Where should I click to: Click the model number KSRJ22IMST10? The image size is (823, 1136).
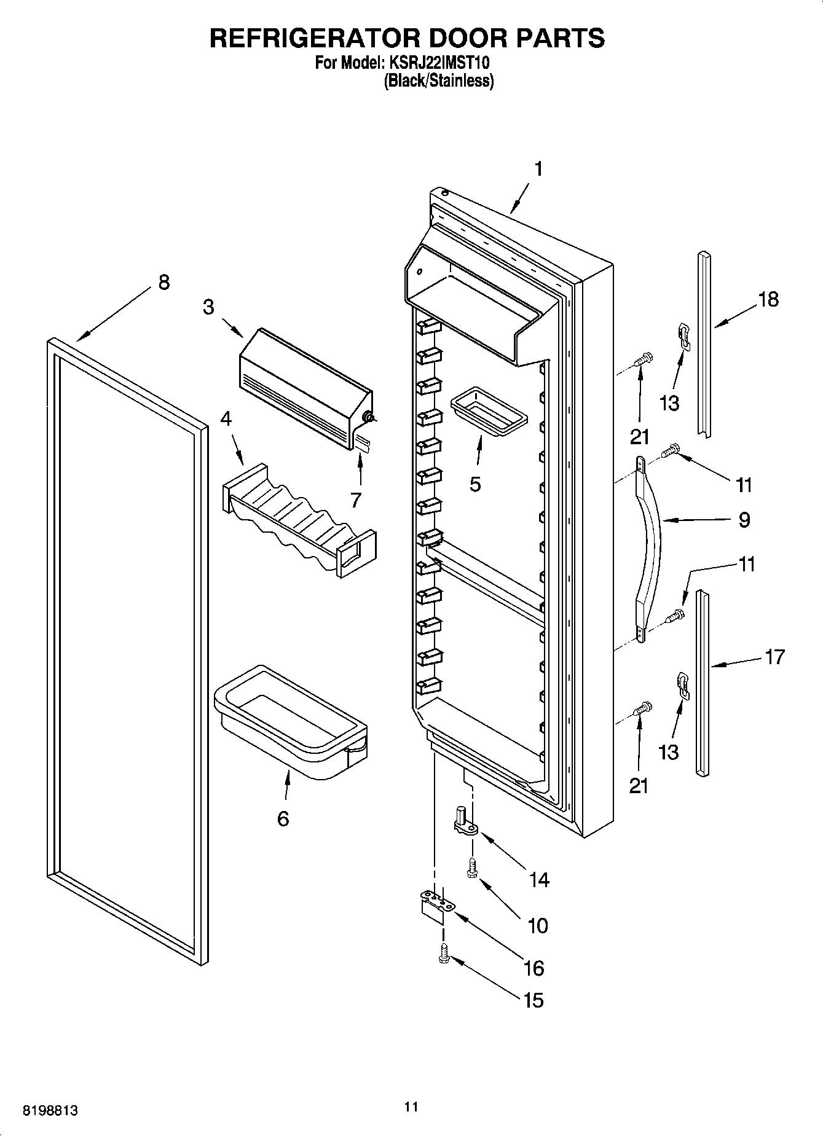point(439,63)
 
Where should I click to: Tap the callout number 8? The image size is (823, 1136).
point(163,283)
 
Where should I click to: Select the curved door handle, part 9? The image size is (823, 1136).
point(648,541)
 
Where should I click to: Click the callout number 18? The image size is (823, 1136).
point(768,300)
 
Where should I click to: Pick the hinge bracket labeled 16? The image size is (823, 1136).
point(436,906)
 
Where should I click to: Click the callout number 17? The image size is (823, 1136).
point(775,657)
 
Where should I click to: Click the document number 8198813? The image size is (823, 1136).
point(51,1110)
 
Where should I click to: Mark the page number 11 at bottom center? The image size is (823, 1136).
point(411,1107)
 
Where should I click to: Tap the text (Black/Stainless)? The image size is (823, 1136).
point(438,80)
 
